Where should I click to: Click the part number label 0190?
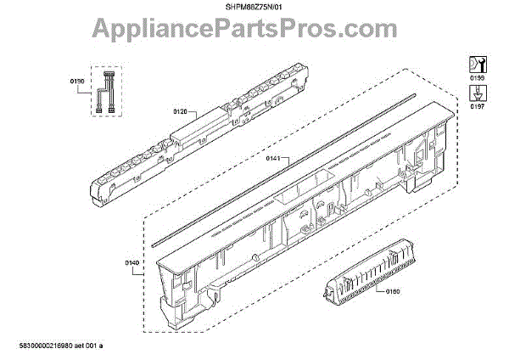point(77,82)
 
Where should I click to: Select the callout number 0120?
point(180,111)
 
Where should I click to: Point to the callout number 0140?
point(132,264)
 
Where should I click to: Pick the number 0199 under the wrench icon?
point(477,77)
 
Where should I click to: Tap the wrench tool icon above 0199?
point(477,63)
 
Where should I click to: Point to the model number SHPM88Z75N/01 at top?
point(255,7)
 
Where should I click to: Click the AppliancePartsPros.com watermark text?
point(255,32)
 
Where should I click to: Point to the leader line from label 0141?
point(288,158)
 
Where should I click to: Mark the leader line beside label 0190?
point(90,82)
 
